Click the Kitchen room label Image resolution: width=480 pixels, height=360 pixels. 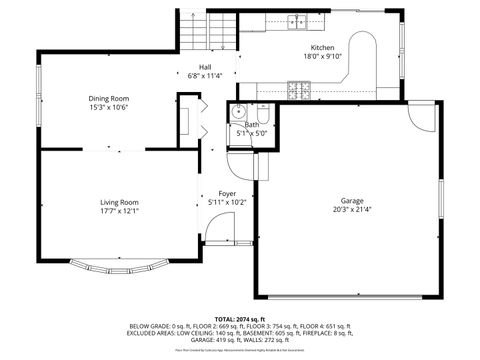pos(322,48)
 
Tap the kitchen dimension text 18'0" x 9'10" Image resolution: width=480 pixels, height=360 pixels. pos(322,57)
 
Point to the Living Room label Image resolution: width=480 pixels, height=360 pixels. pos(119,202)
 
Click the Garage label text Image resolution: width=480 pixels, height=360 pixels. pos(352,201)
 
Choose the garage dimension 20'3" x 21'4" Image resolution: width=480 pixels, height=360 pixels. pos(352,210)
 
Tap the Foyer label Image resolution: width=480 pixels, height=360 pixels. pos(227,193)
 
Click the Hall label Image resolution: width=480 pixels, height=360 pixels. pos(205,67)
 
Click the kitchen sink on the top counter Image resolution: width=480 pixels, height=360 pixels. pos(298,21)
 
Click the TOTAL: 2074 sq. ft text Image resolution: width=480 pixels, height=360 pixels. pos(239,315)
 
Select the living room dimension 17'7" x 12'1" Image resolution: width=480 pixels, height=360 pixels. pos(119,211)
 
